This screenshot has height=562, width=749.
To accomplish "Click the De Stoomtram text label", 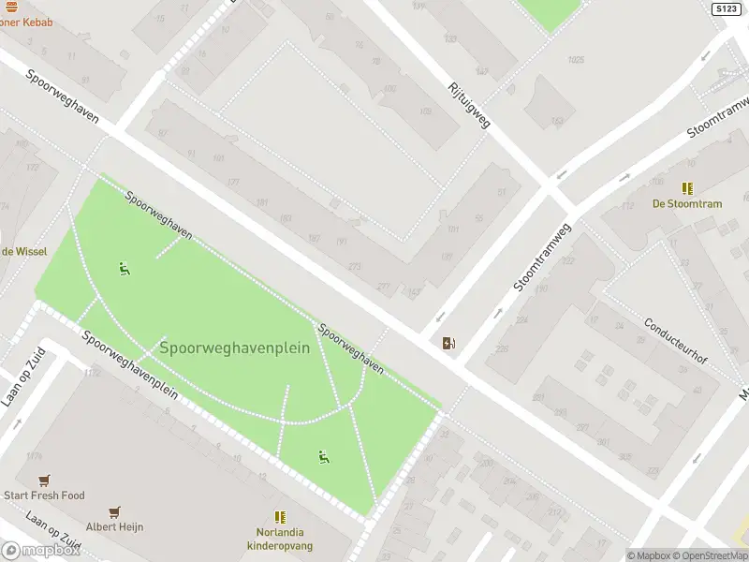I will click(x=688, y=204).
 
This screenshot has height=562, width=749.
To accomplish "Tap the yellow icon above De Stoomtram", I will click(x=688, y=188).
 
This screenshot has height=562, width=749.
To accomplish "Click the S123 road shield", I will click(x=726, y=8).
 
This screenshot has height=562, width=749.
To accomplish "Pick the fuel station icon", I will click(x=450, y=343).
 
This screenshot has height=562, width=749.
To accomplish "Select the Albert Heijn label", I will click(x=114, y=527).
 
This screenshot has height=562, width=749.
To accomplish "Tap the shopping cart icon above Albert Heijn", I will click(x=114, y=512).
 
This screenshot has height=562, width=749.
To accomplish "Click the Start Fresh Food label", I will click(x=44, y=495).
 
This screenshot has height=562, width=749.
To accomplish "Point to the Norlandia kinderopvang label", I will click(x=279, y=539).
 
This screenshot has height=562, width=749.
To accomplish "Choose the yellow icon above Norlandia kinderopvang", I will click(x=279, y=516).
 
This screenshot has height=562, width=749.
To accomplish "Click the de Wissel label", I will click(x=23, y=251).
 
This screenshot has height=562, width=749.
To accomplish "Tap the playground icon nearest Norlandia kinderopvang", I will click(x=324, y=457).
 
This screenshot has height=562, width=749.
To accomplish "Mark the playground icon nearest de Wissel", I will click(x=124, y=269).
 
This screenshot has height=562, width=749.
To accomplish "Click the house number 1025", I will click(x=575, y=60).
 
